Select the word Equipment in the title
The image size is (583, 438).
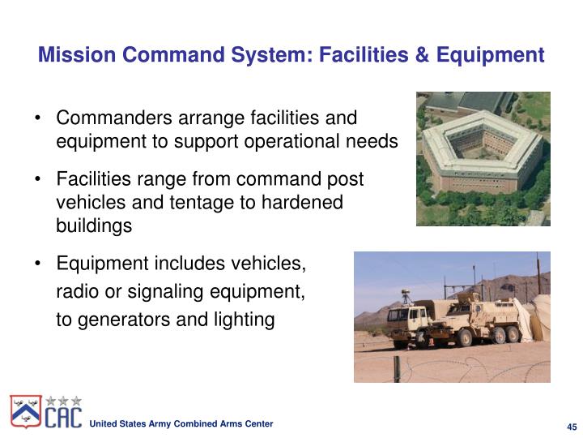pyautogui.click(x=491, y=55)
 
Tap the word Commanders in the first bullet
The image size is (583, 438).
pyautogui.click(x=107, y=118)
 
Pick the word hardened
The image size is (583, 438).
pyautogui.click(x=303, y=202)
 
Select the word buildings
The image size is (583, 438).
pyautogui.click(x=93, y=225)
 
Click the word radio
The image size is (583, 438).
pyautogui.click(x=75, y=291)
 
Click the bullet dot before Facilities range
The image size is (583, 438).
pyautogui.click(x=39, y=179)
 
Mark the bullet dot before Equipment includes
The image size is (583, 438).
pyautogui.click(x=39, y=264)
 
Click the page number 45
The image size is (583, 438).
pyautogui.click(x=570, y=427)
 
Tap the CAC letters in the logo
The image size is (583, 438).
pyautogui.click(x=62, y=417)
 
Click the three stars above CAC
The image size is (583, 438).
pyautogui.click(x=63, y=399)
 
